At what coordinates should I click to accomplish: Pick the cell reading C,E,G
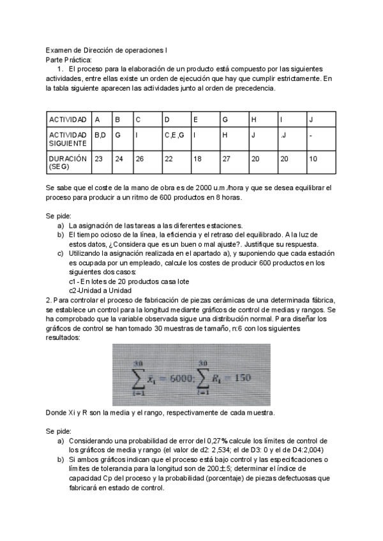(x=174, y=135)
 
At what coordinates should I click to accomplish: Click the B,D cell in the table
(x=100, y=135)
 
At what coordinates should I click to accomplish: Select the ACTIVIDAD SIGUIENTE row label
(x=67, y=139)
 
